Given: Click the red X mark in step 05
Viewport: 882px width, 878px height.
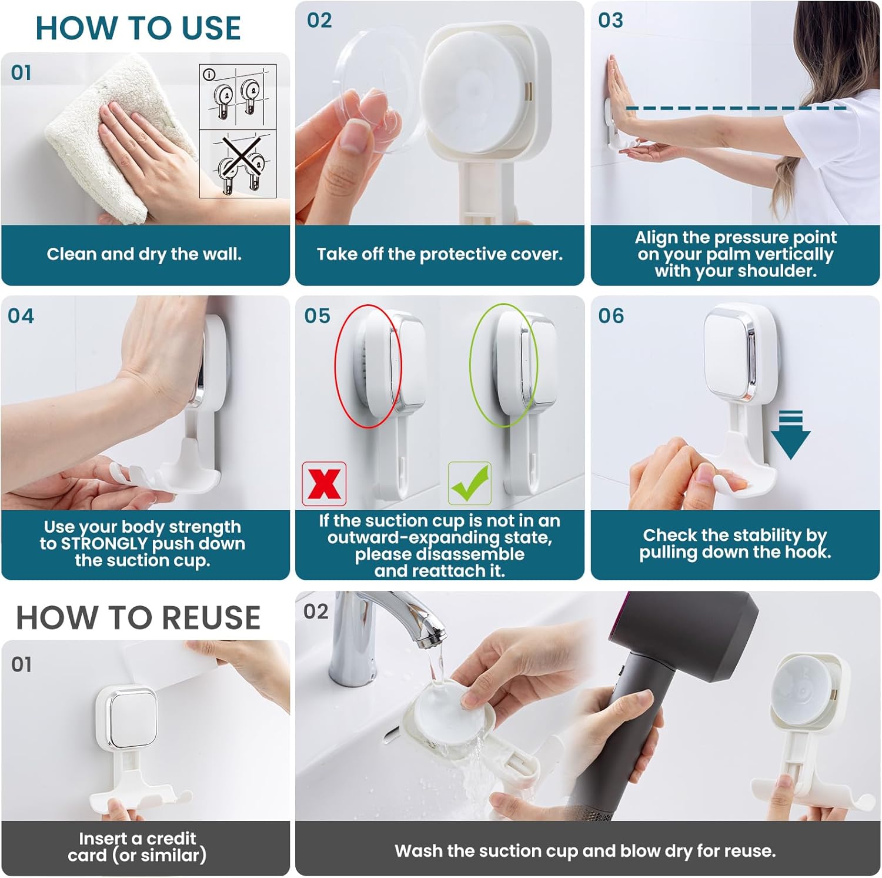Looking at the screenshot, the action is tap(324, 484).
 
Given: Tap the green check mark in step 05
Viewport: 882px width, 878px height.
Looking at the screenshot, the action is tap(470, 483).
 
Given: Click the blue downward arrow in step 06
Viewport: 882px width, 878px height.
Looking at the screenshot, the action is tap(791, 435).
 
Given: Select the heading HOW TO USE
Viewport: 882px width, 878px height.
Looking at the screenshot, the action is tap(138, 28).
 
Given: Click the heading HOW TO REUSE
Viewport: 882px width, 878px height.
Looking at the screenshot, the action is tap(138, 617).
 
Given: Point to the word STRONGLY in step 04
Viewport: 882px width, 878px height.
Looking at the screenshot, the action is tap(104, 543).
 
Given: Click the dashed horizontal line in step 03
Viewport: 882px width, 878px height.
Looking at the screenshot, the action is tap(736, 108).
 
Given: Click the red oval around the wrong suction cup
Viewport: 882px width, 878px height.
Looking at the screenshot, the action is tap(368, 365).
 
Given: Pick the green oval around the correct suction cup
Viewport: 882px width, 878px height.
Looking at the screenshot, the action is tap(504, 365).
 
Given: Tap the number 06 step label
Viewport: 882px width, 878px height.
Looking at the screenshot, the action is tap(611, 316).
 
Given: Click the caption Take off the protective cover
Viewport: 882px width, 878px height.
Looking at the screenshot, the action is tap(440, 254).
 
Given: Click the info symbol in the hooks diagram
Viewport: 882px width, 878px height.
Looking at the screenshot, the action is tap(209, 75).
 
